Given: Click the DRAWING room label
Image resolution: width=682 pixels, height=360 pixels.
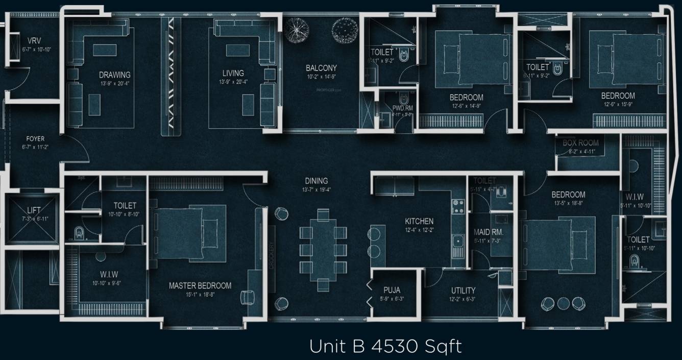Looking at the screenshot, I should tap(114, 75).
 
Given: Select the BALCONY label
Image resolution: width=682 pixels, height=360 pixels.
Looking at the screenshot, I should tap(321, 68).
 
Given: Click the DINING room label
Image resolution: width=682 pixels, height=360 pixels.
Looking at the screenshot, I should tap(316, 181).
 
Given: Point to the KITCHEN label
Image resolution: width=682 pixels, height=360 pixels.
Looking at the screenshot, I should tap(419, 221).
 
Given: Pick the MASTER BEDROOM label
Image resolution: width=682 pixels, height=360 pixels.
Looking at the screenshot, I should tap(200, 285).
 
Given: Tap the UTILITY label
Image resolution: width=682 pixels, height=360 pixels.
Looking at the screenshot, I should tap(463, 290).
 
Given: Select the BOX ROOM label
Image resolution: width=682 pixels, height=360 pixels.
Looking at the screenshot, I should tap(580, 143).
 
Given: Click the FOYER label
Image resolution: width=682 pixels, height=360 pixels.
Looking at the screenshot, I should tap(35, 139).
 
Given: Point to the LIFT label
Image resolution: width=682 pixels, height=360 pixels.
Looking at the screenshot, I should tap(34, 210).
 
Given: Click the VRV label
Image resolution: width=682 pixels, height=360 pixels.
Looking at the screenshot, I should tap(34, 41).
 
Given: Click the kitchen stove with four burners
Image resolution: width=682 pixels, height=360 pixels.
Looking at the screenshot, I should tap(458, 206).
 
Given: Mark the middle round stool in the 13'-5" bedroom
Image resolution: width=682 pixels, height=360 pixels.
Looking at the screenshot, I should tap(563, 303).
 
